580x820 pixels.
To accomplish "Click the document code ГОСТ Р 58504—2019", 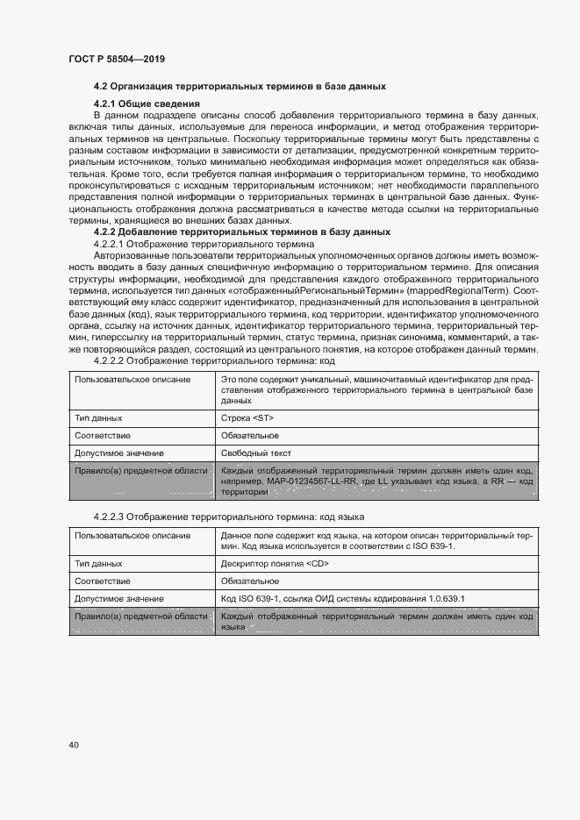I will [117, 59].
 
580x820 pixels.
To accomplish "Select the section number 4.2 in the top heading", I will [101, 87].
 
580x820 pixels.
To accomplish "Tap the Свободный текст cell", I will [255, 453].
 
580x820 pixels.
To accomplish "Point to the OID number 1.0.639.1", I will [445, 599].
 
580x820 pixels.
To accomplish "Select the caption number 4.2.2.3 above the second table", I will [109, 517].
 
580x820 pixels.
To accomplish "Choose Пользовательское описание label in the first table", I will [132, 378].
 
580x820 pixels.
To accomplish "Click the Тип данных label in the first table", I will [98, 419].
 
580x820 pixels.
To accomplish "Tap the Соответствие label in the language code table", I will [103, 581].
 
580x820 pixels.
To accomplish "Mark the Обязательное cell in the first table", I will [250, 436].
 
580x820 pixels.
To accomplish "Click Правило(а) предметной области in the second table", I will [140, 617].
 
